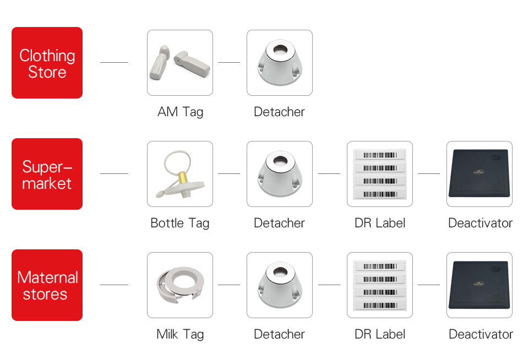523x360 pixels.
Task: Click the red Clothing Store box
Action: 47,63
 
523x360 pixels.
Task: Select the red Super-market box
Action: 47,174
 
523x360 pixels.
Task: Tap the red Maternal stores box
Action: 47,285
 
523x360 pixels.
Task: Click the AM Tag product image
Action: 180,63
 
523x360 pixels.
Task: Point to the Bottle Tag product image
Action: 180,174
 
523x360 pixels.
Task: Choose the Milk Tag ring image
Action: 180,285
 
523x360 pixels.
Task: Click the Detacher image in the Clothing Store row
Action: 280,63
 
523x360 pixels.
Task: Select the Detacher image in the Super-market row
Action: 280,174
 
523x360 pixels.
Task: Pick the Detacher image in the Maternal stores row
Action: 280,285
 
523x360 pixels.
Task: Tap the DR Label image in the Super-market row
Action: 380,174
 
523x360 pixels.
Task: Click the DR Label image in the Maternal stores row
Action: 380,285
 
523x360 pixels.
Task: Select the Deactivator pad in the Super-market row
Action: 480,174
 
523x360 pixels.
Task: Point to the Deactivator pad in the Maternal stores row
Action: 480,285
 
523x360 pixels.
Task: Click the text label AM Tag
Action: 180,112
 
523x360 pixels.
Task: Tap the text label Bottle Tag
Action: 180,223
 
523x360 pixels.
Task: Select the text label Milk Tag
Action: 180,335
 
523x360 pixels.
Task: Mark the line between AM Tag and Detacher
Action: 229,63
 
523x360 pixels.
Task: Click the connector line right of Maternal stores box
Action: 114,285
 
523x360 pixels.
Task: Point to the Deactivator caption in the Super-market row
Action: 480,223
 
